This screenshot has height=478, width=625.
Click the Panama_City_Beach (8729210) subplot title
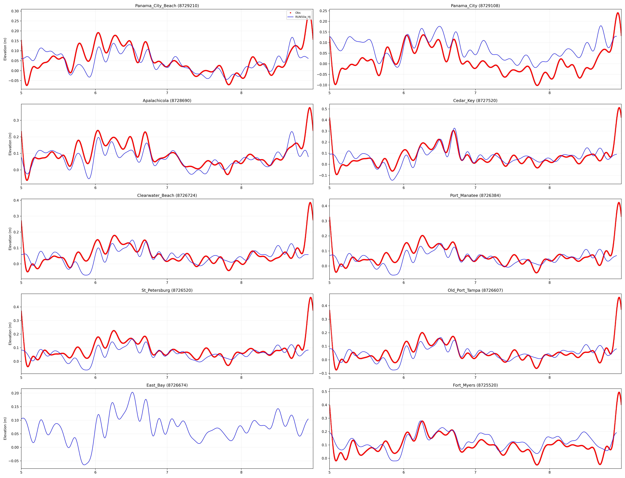coord(167,6)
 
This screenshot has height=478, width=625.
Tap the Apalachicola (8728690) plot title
coord(167,100)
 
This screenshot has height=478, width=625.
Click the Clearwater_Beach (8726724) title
coord(167,195)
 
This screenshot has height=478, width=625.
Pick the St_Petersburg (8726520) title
coord(167,290)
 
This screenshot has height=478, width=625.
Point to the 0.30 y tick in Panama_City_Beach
coord(15,11)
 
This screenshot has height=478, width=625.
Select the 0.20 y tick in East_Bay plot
coord(15,393)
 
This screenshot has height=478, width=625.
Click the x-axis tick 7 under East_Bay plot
coord(167,473)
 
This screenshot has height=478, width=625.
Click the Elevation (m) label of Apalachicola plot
coord(10,144)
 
